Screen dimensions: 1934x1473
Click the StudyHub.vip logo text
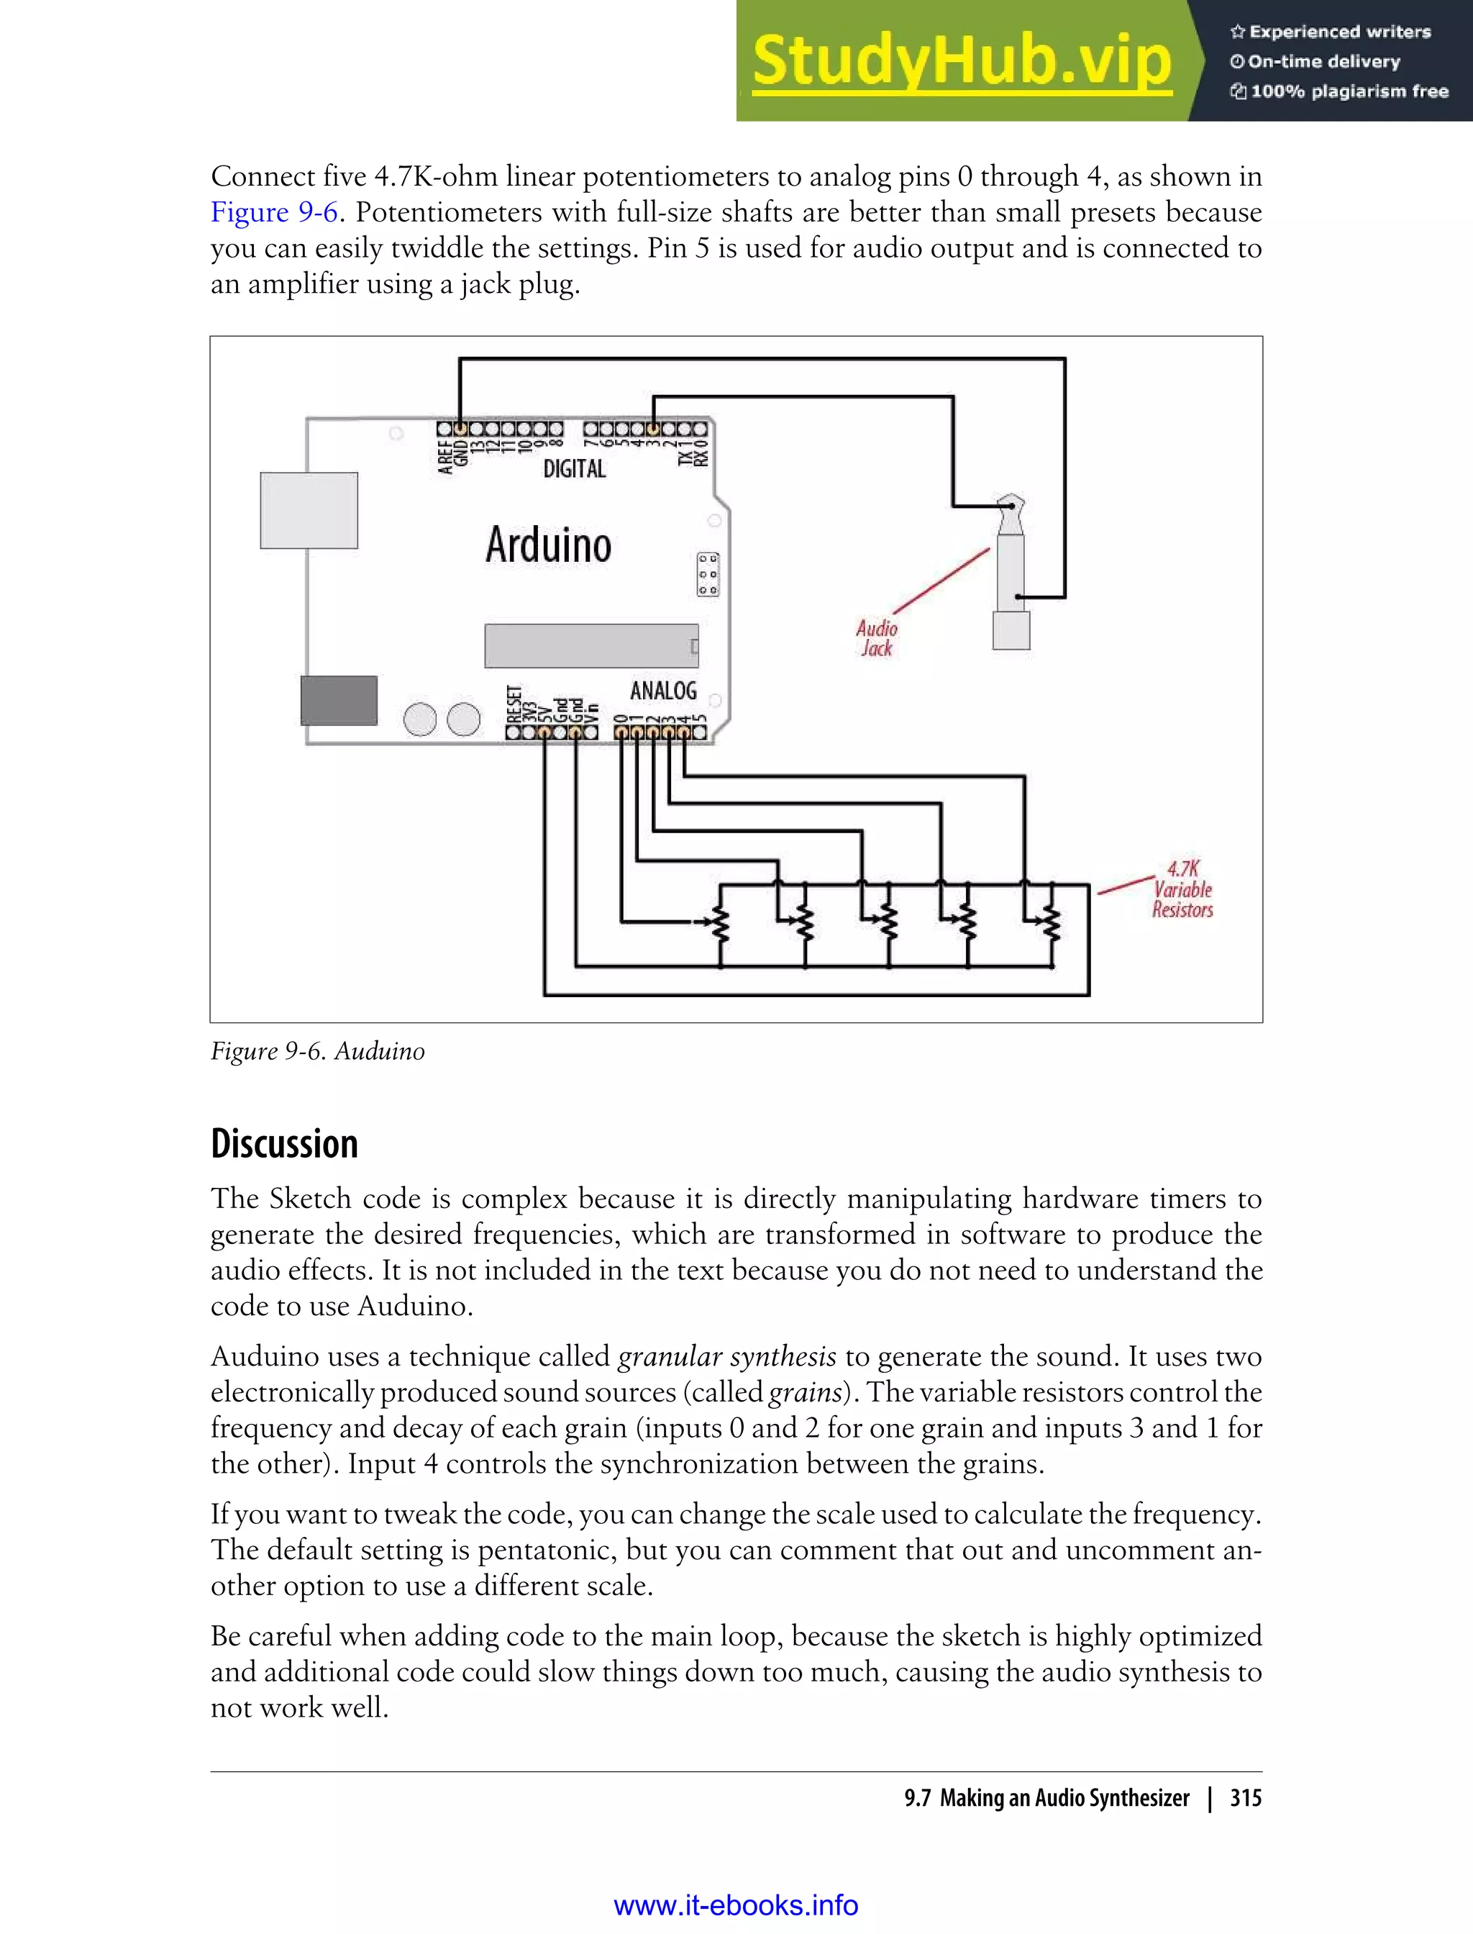pos(962,61)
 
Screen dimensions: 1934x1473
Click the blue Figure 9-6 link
pos(273,213)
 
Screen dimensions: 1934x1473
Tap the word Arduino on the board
pos(548,545)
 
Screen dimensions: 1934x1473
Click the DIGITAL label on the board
pos(574,469)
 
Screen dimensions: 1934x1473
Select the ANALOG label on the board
pos(663,691)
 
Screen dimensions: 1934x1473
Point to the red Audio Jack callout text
pos(876,638)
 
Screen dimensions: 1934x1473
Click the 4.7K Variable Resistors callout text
pos(1182,889)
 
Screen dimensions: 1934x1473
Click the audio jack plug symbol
pos(1011,574)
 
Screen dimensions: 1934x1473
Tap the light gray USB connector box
pos(309,510)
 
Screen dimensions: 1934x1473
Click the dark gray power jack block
pos(339,700)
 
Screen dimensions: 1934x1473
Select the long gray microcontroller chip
pos(591,646)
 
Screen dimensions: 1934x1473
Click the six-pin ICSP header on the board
pos(708,574)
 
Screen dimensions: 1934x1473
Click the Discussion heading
pos(284,1144)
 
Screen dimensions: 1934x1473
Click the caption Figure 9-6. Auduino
pos(317,1050)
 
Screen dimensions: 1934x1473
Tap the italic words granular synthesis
pos(727,1357)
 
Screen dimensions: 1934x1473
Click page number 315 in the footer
pos(1245,1798)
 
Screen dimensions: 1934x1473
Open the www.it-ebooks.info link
pos(736,1905)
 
